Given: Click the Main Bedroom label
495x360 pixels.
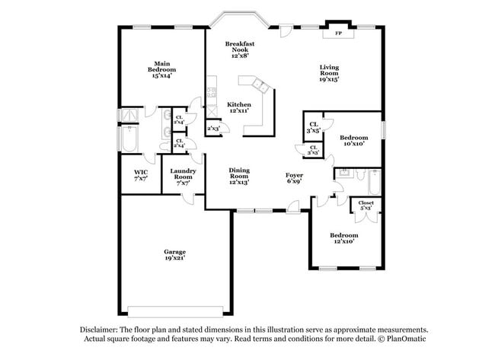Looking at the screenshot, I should [161, 69].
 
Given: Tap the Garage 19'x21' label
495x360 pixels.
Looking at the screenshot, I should [174, 254].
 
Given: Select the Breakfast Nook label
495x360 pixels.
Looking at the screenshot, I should [239, 49].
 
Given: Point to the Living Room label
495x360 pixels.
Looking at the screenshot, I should [328, 72].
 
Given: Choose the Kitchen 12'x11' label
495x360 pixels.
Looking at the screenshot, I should [240, 107].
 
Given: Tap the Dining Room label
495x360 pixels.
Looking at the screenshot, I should [239, 176].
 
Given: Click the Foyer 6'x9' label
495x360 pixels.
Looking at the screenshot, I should [295, 178].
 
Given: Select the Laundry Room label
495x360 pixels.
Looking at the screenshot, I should [184, 176].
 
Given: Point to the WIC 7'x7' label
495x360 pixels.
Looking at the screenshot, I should [141, 176].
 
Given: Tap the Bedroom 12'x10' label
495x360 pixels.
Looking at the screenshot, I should [343, 239].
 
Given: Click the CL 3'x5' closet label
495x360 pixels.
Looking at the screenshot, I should [313, 127].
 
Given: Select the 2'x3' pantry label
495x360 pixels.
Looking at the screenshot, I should [214, 129].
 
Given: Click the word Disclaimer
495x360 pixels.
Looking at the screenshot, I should [102, 329].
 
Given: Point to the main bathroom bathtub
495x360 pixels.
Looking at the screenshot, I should [129, 139].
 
